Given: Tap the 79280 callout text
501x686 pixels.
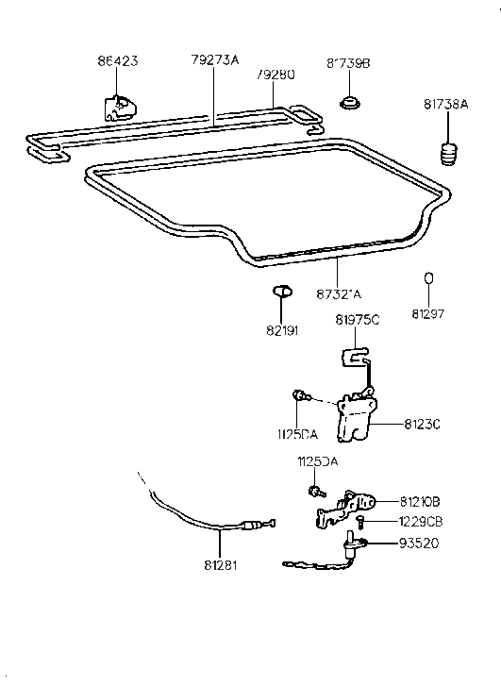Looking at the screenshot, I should [274, 73].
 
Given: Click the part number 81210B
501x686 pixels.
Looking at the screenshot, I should [421, 501].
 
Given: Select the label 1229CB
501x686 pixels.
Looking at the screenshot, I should [421, 521].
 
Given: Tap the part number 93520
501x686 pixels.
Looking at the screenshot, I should [419, 543].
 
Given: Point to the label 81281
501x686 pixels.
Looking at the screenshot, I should [221, 567].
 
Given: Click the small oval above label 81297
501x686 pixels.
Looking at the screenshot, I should [427, 278].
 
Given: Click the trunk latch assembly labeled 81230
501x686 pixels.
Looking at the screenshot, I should [354, 416].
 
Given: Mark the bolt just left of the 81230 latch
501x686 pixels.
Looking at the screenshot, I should [299, 399].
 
